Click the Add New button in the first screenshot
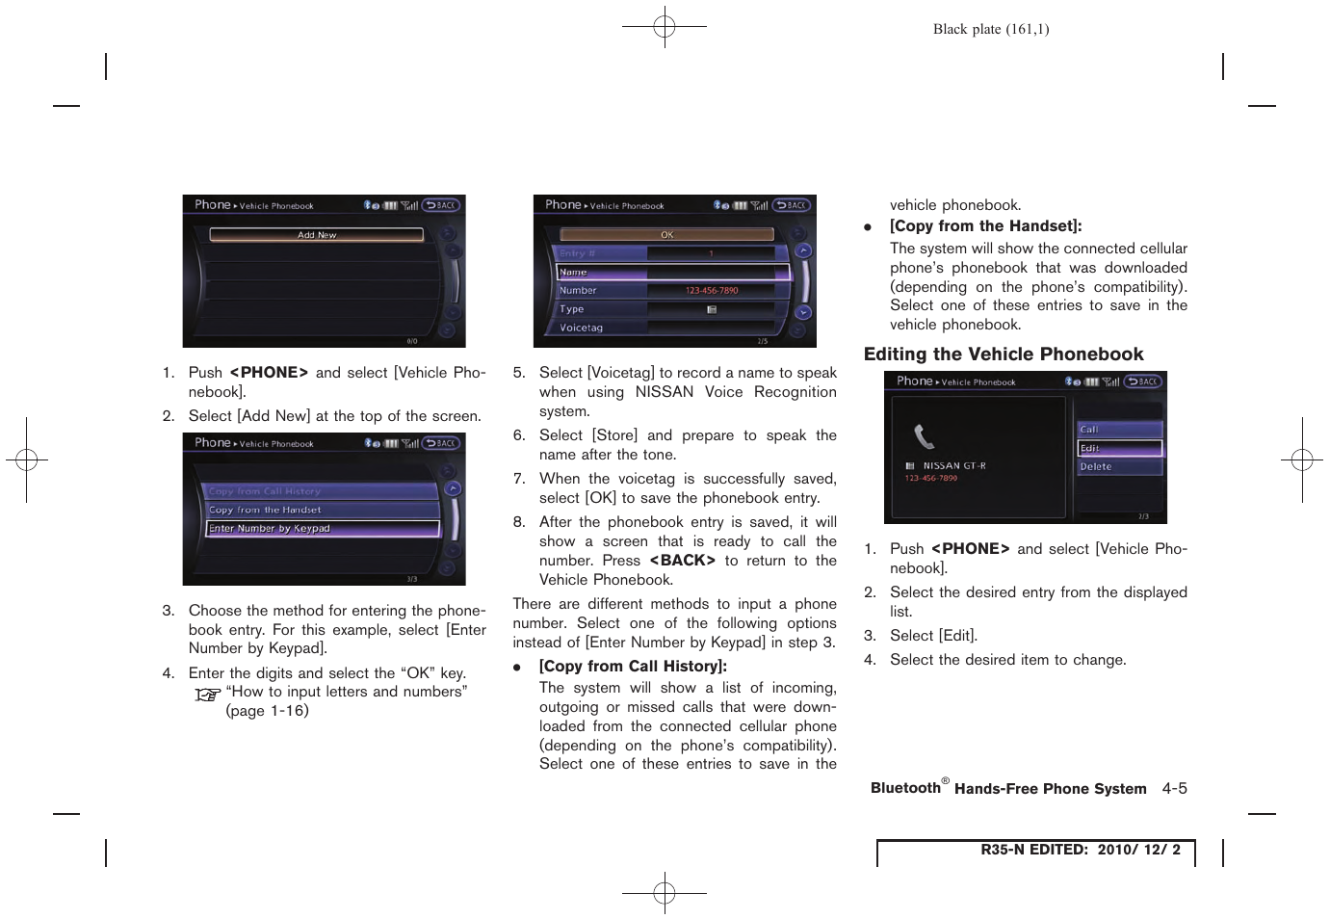pyautogui.click(x=316, y=235)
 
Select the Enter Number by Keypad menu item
pyautogui.click(x=323, y=529)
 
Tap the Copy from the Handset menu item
pyautogui.click(x=323, y=510)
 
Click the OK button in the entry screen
pyautogui.click(x=666, y=235)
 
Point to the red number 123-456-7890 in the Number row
pyautogui.click(x=712, y=291)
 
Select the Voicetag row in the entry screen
pyautogui.click(x=665, y=328)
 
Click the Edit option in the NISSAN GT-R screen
pyautogui.click(x=1119, y=448)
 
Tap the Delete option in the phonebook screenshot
pyautogui.click(x=1119, y=467)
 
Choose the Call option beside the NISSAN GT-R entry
pyautogui.click(x=1119, y=430)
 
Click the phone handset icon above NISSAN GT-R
pyautogui.click(x=924, y=437)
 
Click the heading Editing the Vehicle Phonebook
pyautogui.click(x=1004, y=354)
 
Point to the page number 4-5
pyautogui.click(x=1174, y=789)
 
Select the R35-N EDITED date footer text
pyautogui.click(x=1080, y=850)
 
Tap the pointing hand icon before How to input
pyautogui.click(x=207, y=695)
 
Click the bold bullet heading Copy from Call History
pyautogui.click(x=633, y=667)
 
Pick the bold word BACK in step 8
pyautogui.click(x=682, y=561)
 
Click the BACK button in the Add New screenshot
pyautogui.click(x=441, y=205)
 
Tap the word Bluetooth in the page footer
pyautogui.click(x=905, y=789)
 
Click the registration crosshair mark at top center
pyautogui.click(x=665, y=27)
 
